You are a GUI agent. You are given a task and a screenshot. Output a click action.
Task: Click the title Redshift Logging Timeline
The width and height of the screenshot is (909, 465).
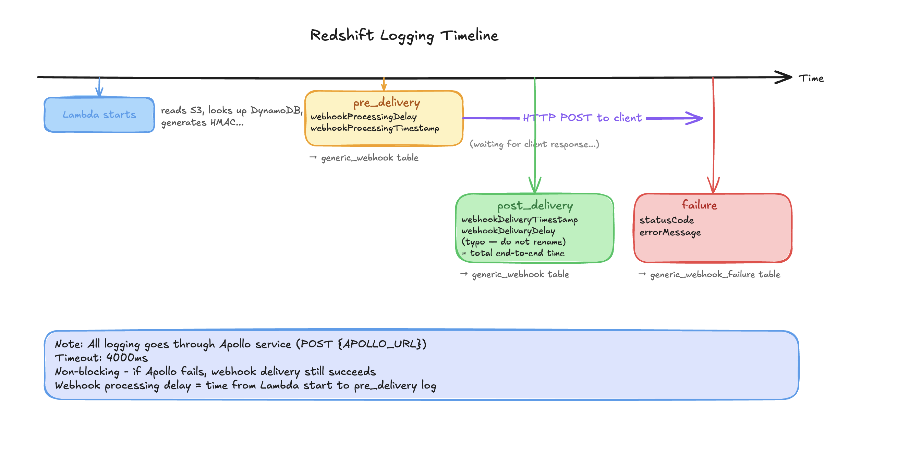pos(404,35)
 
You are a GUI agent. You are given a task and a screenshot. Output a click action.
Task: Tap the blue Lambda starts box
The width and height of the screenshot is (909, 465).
pos(99,115)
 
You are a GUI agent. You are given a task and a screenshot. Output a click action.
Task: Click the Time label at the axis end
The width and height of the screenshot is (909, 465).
pos(811,79)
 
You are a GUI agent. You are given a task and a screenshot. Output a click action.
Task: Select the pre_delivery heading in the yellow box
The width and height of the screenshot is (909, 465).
pos(386,103)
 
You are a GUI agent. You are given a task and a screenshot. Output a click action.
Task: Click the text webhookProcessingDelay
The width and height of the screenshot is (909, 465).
pos(363,117)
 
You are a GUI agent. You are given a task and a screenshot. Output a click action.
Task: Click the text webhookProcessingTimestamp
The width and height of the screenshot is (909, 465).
pos(375,128)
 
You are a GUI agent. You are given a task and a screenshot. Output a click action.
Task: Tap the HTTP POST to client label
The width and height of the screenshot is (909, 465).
pos(582,118)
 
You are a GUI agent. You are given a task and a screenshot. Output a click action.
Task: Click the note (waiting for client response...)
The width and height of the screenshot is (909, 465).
pos(534,144)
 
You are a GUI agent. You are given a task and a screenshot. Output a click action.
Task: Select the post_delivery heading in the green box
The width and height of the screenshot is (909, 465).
pos(535,205)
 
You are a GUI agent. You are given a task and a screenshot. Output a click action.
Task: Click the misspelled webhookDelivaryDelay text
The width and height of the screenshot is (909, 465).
pos(508,230)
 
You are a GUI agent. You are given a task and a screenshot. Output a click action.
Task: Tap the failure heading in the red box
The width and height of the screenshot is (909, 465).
pos(699,205)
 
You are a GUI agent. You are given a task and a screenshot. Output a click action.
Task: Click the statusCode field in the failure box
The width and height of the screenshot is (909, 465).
pos(667,220)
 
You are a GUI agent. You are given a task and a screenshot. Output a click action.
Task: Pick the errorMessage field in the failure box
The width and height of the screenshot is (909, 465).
pos(670,232)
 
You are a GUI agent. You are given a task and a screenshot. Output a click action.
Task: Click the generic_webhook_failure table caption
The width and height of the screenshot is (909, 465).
pos(715,274)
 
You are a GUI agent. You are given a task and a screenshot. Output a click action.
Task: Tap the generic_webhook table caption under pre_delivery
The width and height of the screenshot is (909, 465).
pos(369,158)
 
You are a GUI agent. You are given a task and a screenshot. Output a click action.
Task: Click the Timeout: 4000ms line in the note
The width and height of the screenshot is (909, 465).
pos(101,358)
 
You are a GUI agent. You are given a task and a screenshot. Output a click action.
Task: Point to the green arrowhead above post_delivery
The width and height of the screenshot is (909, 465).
pos(535,186)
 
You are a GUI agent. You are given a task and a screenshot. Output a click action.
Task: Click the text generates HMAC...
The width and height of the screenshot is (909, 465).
pos(202,122)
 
